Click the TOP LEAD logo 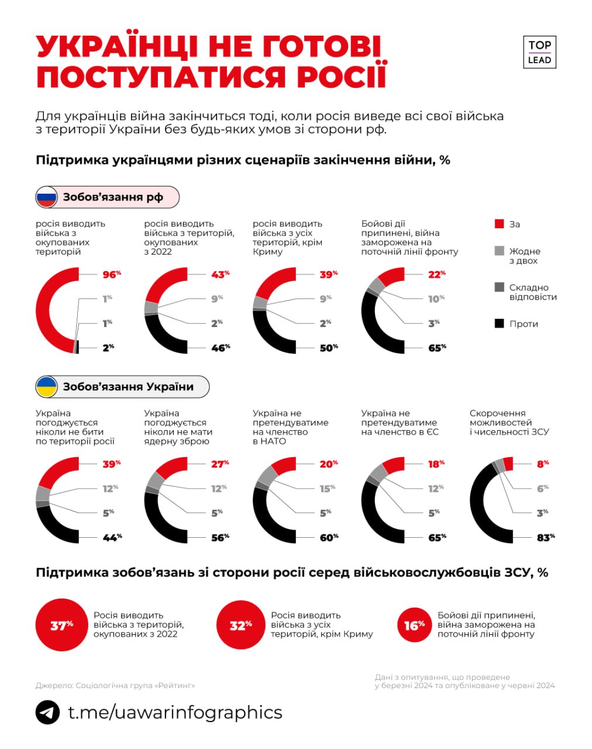coord(539,52)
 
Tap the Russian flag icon coord(47,197)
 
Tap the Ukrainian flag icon coord(47,387)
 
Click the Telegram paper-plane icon coord(47,713)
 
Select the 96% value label coord(112,274)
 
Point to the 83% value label coord(546,537)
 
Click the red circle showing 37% coord(61,625)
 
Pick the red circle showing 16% coord(414,625)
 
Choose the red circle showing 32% coord(241,625)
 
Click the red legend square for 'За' coord(499,224)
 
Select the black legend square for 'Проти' coord(499,324)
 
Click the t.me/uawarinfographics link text coord(175,713)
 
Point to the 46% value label coord(221,348)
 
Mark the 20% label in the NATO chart coord(329,464)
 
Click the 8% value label coord(543,464)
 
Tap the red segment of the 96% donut coord(44,310)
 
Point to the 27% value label coord(220,464)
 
